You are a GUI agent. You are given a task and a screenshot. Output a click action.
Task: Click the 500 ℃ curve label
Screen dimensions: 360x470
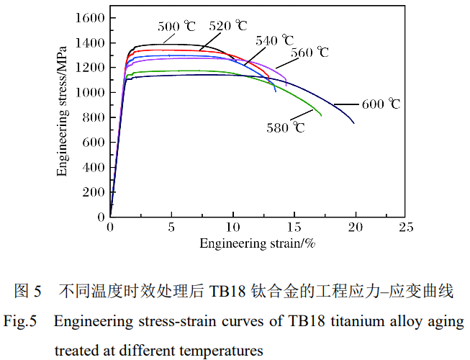(176, 27)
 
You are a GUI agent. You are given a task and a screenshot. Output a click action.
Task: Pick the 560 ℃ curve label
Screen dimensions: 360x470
(310, 53)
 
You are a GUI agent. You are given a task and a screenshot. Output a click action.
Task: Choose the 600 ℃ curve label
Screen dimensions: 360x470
(381, 104)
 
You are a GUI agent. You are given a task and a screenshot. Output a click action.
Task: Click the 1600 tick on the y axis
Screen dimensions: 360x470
(92, 18)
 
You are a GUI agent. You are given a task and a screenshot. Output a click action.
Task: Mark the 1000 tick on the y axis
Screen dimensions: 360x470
(92, 93)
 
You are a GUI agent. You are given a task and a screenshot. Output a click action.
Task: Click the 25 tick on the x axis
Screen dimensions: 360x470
(405, 228)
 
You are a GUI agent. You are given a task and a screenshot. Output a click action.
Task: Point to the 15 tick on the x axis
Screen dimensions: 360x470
(294, 228)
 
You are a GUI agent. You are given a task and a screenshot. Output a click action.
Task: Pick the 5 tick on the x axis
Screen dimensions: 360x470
(171, 228)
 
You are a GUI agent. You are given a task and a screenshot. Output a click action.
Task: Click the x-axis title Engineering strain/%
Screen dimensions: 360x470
(258, 243)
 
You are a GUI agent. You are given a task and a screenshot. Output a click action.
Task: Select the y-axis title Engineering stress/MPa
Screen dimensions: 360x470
(63, 115)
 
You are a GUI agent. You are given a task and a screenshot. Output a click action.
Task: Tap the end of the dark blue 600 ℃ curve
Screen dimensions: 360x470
(354, 123)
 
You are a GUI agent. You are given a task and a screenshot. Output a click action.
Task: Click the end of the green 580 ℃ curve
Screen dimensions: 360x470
(321, 116)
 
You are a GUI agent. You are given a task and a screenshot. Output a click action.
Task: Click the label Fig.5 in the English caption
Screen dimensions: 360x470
(20, 322)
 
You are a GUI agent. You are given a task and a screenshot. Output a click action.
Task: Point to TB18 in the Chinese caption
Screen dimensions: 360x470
(227, 292)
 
